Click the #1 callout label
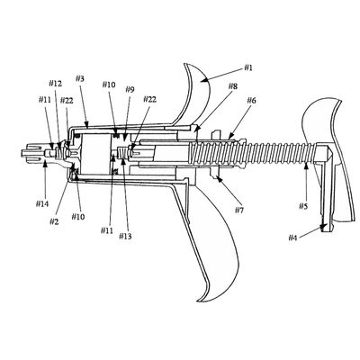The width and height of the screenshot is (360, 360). (247, 67)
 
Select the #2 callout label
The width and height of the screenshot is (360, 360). (54, 222)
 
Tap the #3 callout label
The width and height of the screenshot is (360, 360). (80, 78)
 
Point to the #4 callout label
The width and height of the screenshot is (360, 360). (292, 238)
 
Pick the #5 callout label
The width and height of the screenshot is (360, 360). (303, 206)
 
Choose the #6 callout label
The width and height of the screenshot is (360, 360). (251, 100)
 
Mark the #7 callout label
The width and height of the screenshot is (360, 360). (239, 211)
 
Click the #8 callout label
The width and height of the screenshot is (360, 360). (233, 86)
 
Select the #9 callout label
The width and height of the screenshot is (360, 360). (130, 89)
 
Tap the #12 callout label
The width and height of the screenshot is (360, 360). (55, 84)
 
